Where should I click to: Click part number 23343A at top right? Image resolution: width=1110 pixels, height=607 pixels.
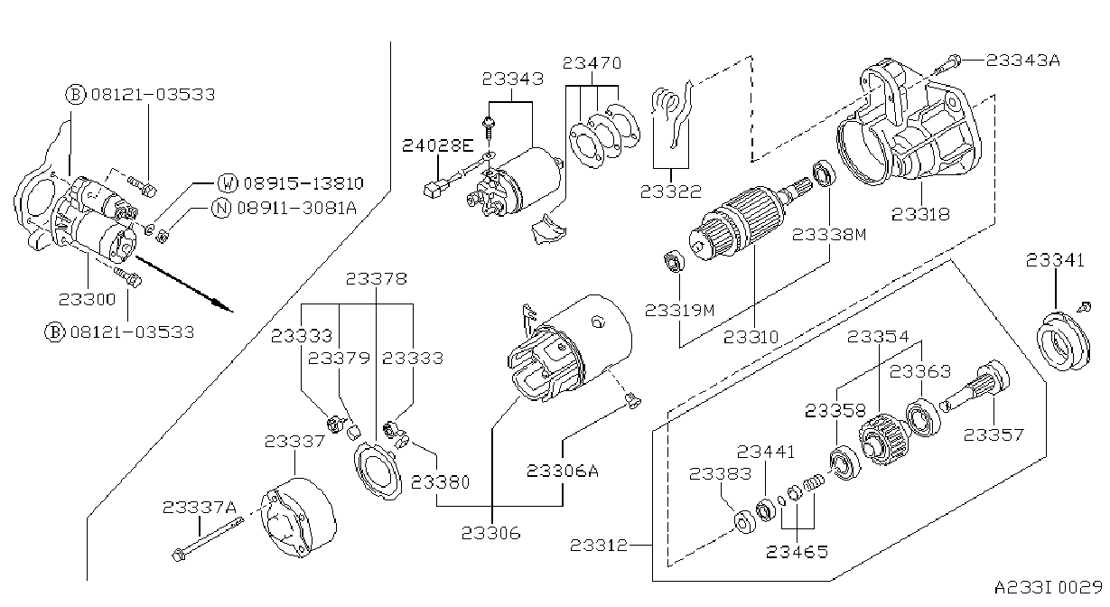(1022, 61)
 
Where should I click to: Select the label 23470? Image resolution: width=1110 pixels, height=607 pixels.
(592, 63)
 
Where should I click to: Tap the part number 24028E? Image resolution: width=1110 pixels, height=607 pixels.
(437, 145)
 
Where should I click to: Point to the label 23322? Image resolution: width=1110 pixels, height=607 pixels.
(671, 191)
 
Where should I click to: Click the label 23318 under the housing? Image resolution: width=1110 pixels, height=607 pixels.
(920, 214)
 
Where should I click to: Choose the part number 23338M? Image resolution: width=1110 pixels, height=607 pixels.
(829, 234)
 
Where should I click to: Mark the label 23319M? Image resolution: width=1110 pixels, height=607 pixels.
(679, 310)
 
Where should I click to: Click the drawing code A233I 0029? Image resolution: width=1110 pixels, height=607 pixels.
(1048, 588)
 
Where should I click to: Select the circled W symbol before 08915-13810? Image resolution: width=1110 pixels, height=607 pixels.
(228, 182)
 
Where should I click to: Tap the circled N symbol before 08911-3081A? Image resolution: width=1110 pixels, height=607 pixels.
(221, 208)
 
